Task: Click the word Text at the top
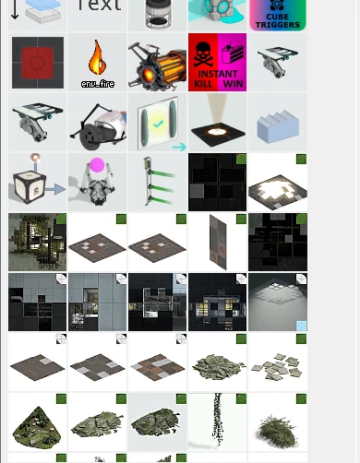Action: click(98, 7)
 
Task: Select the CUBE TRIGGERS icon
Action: click(278, 15)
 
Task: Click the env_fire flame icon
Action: click(97, 58)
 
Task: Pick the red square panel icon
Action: click(37, 63)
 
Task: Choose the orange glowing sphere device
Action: click(158, 63)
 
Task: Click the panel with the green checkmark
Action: click(158, 123)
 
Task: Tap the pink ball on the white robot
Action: click(97, 168)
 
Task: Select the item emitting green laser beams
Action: click(158, 183)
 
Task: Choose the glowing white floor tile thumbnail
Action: click(278, 183)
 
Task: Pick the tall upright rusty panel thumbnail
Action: click(218, 243)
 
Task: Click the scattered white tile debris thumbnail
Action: click(278, 364)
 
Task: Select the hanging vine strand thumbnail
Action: click(218, 422)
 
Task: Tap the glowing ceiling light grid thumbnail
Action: click(278, 302)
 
